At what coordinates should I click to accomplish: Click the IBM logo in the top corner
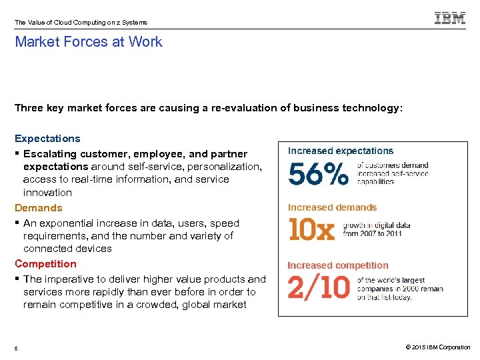click(x=450, y=19)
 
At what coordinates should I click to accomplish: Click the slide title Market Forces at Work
click(x=89, y=42)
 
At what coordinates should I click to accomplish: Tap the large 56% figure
click(x=318, y=174)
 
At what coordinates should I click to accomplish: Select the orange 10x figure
click(x=311, y=229)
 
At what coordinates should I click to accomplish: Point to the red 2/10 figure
click(x=318, y=287)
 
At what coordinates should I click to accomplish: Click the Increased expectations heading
click(x=341, y=151)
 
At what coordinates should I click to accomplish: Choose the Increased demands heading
click(x=332, y=207)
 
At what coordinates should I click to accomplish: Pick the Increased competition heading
click(x=337, y=265)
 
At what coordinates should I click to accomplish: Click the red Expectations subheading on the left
click(x=47, y=139)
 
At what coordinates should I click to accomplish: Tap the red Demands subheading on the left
click(x=39, y=208)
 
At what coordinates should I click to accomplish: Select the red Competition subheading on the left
click(x=45, y=264)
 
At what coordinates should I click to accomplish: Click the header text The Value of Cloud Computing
click(x=57, y=23)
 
